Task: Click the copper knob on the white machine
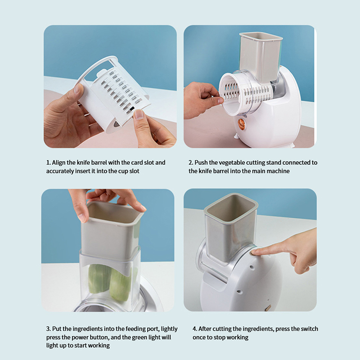pyautogui.click(x=241, y=123)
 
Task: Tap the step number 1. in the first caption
pyautogui.click(x=48, y=162)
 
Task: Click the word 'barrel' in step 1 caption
pyautogui.click(x=99, y=162)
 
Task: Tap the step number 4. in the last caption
pyautogui.click(x=195, y=329)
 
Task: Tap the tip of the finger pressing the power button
pyautogui.click(x=253, y=253)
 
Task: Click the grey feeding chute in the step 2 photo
pyautogui.click(x=261, y=57)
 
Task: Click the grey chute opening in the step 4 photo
pyautogui.click(x=231, y=208)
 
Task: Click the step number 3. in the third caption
pyautogui.click(x=49, y=329)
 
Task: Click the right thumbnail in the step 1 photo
pyautogui.click(x=139, y=114)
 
